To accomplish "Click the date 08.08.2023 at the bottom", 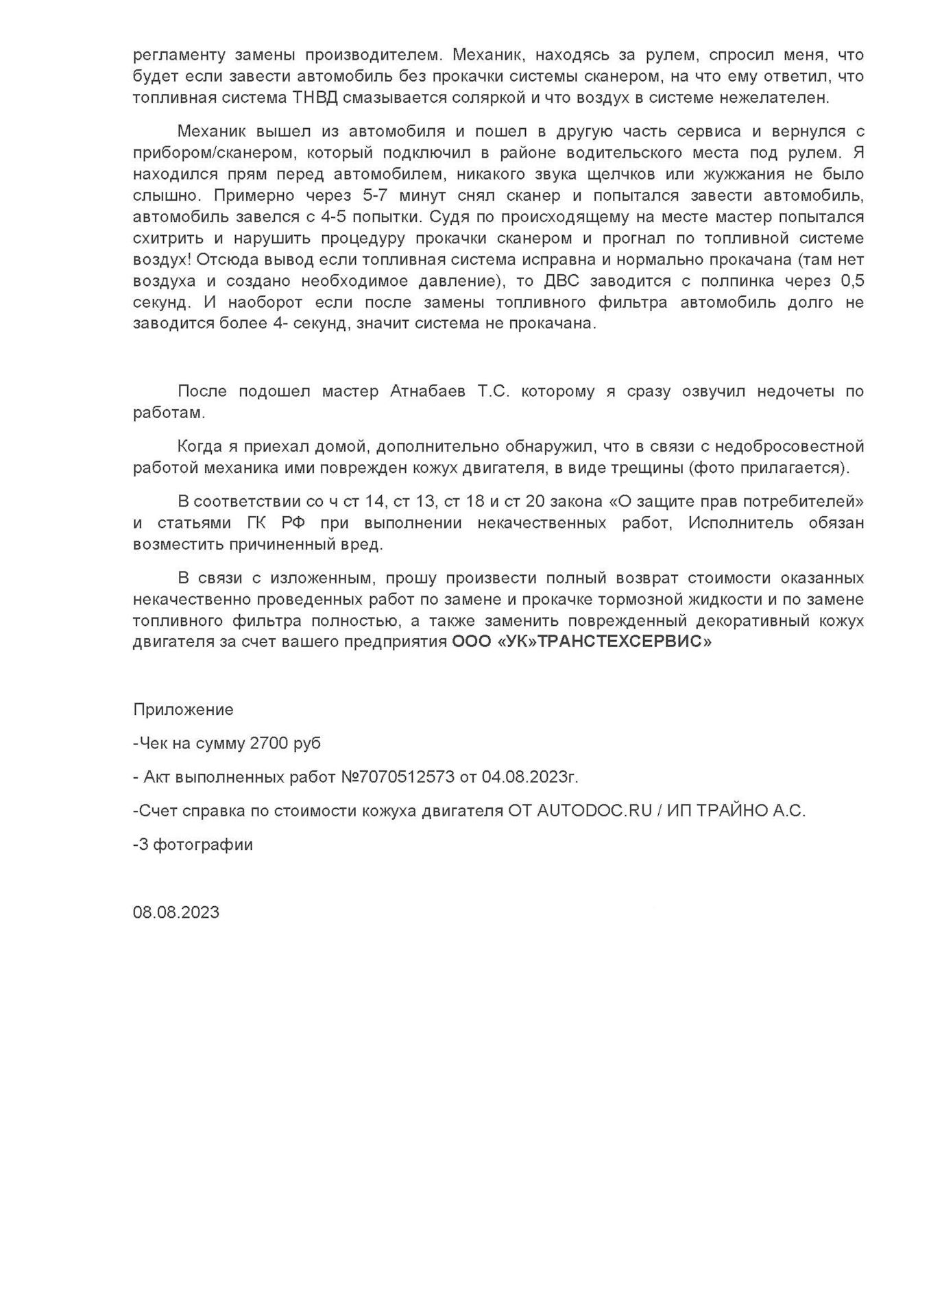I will point(176,912).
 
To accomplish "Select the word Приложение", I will point(183,709).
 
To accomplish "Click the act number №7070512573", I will point(398,777).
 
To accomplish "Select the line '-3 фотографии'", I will point(193,844).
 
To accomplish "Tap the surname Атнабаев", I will point(427,391).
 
